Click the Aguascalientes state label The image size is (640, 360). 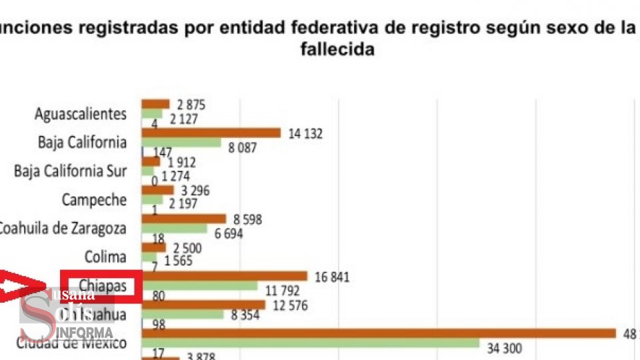coord(80,113)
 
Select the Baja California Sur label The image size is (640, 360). coord(70,171)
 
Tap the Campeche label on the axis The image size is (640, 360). coord(94,199)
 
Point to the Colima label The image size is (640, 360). coord(105,257)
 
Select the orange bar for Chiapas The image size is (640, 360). coord(224,276)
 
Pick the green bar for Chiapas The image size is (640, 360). coord(199,286)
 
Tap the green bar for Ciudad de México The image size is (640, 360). coord(310,343)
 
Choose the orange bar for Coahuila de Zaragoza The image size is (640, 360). coord(184,219)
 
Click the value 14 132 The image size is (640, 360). coord(305,133)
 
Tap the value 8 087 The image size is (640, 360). coord(242,147)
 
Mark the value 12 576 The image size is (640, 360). coord(289,305)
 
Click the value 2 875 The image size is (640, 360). coord(191,105)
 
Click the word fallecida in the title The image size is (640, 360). coord(333,50)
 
